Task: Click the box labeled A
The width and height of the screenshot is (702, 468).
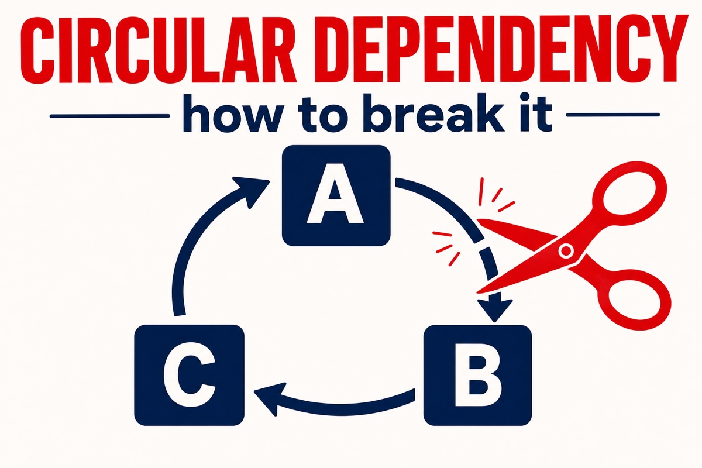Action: click(336, 195)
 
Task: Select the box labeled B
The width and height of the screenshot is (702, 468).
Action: click(477, 375)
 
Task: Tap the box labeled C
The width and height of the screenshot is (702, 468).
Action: click(190, 375)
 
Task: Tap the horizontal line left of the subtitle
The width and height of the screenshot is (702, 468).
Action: click(110, 116)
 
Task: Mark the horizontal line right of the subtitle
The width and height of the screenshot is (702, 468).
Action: click(613, 115)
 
